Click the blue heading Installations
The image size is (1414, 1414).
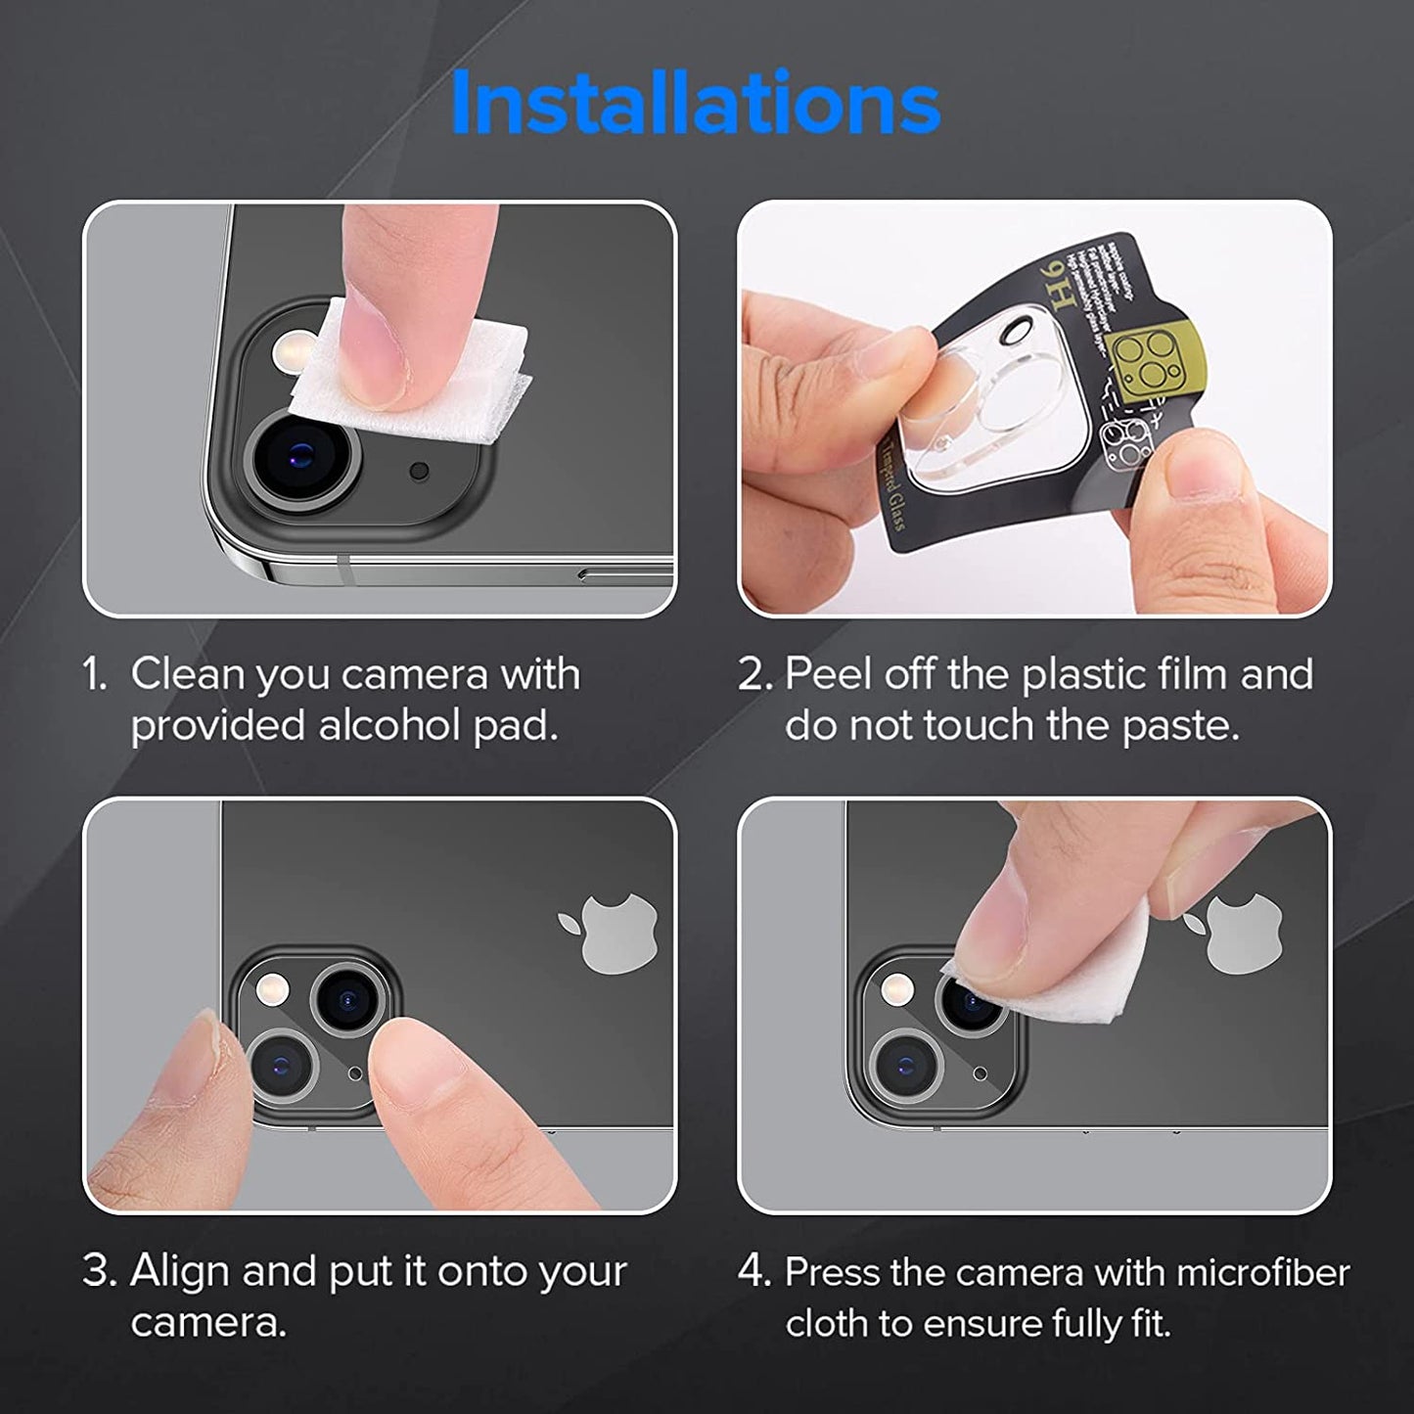click(696, 103)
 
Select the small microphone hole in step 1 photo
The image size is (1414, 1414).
click(420, 472)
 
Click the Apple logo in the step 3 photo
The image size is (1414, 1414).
click(609, 931)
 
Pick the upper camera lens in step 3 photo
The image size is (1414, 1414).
click(345, 998)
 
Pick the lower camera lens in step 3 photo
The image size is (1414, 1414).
click(281, 1065)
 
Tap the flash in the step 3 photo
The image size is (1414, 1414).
click(267, 990)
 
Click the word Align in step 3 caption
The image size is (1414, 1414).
click(180, 1271)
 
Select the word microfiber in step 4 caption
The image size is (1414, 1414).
click(1262, 1272)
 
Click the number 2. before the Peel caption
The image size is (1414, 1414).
click(756, 675)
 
